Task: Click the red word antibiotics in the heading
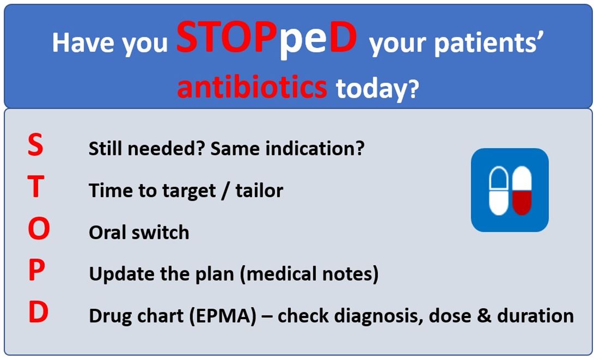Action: coord(252,86)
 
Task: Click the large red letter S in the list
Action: coord(35,145)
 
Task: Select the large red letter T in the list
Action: coord(36,187)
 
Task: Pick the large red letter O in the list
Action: coord(39,229)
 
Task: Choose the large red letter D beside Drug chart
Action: coord(38,312)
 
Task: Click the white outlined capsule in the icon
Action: coord(499,191)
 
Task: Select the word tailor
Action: coord(259,190)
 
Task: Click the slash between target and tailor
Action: coord(226,190)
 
